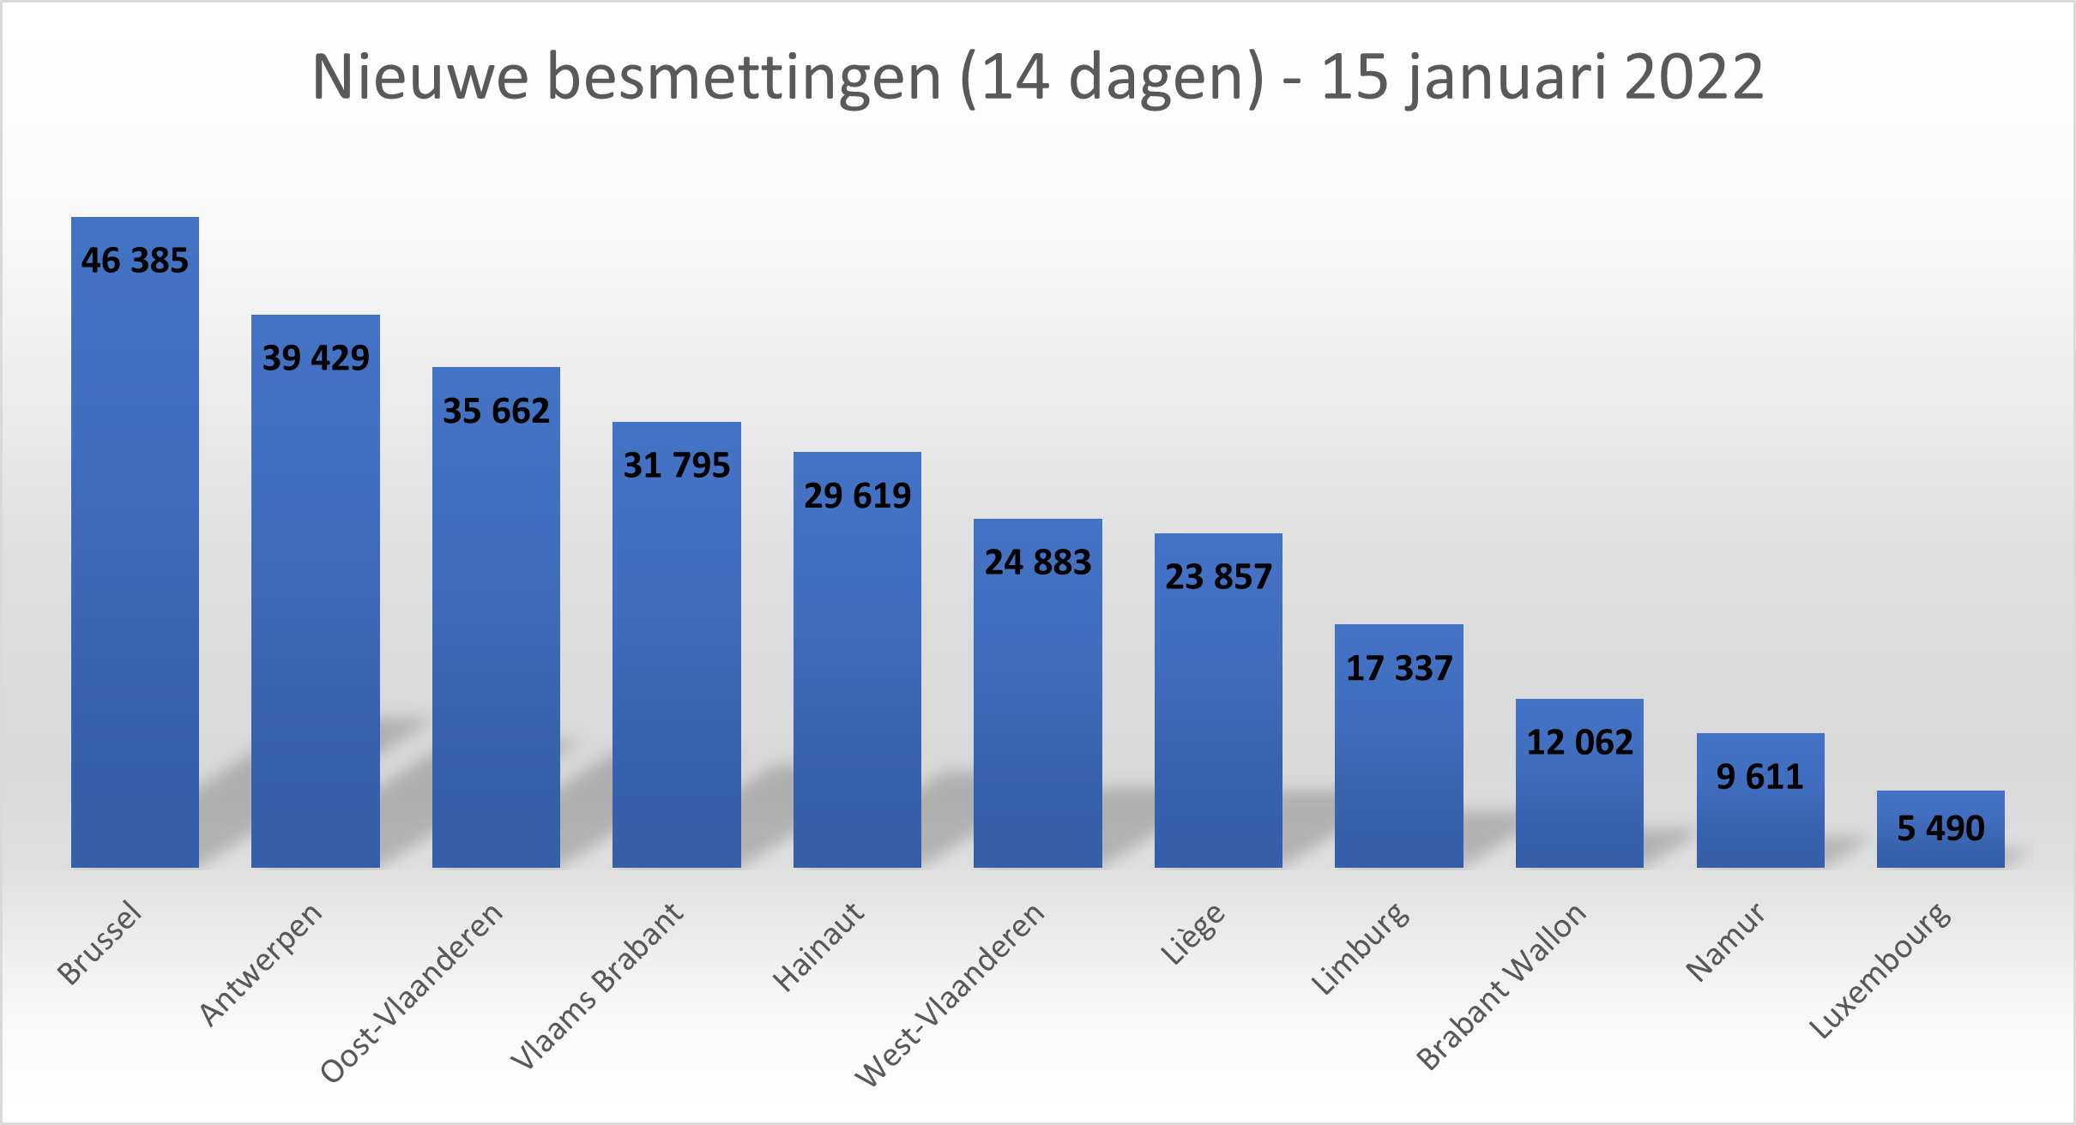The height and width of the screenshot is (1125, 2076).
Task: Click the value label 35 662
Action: coord(496,412)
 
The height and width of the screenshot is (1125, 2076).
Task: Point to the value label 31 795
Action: coord(676,466)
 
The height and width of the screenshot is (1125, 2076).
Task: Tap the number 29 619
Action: coord(857,496)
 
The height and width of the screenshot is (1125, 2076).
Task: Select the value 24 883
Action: coord(1037,562)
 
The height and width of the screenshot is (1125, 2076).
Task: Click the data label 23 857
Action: coord(1218,577)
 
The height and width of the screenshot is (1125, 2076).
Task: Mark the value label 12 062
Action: coord(1579,743)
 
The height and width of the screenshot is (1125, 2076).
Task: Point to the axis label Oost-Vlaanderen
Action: coord(412,992)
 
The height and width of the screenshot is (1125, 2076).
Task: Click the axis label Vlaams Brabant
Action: coord(597,985)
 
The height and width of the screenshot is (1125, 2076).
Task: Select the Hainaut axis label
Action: coord(818,946)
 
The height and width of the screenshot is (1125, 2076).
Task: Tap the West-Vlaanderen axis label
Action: coord(950,994)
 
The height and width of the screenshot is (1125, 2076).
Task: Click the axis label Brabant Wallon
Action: coord(1501,986)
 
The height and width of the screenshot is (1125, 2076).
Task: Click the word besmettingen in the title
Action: coord(744,78)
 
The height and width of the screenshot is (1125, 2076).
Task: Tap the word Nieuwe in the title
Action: coord(420,78)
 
